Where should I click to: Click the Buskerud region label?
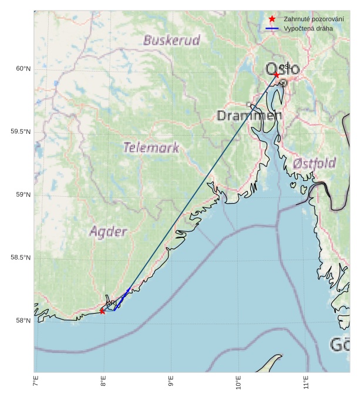coord(171,41)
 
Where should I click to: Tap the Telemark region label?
coord(151,147)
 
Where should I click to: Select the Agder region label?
coord(108,232)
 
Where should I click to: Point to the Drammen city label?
coord(249,116)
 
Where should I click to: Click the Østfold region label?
coord(314,163)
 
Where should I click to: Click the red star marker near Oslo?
coord(277,75)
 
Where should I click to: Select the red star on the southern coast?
coord(102,311)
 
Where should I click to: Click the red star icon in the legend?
coord(272,19)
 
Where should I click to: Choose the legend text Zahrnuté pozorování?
coord(317,19)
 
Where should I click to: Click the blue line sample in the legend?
coord(272,28)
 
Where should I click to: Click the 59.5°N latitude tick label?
coord(21,132)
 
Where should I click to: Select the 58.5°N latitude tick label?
coord(21,258)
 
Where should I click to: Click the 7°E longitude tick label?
coord(35,385)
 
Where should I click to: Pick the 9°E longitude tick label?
coord(171,385)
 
